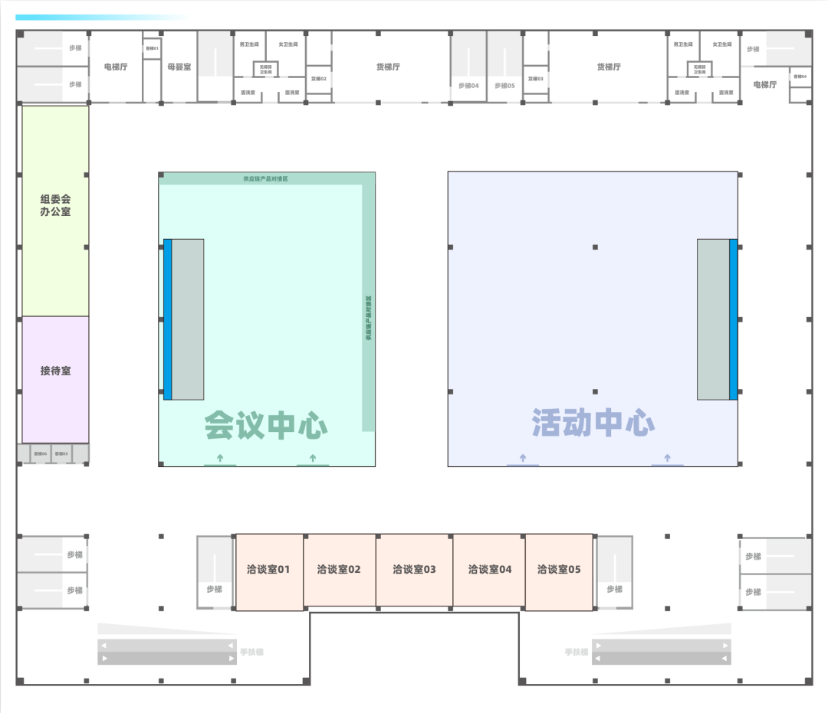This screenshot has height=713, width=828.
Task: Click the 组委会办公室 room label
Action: coord(55,205)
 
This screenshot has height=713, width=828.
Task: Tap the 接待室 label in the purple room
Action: coord(55,371)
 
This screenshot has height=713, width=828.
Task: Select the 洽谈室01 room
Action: coord(268,569)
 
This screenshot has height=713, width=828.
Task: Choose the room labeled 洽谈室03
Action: coord(414,569)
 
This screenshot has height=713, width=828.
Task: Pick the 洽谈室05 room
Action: coord(559,569)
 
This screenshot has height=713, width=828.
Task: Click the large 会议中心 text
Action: coord(266,426)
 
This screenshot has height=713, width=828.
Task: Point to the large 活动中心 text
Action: coord(593,423)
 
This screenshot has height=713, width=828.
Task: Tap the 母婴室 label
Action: coord(179,67)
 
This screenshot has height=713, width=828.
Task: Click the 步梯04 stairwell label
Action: coord(468,86)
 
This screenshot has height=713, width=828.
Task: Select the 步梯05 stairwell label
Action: coord(504,86)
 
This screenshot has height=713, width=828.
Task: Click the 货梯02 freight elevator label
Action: coord(319,79)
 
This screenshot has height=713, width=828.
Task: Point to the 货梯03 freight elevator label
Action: coord(535,79)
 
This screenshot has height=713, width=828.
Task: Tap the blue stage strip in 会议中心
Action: coord(167,319)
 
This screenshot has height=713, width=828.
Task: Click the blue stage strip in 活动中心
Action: coord(733,319)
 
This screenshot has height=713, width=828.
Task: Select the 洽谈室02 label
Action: coord(339,569)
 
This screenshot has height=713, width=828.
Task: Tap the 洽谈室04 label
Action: coord(490,569)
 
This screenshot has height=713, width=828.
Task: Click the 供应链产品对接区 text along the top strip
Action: coord(265,179)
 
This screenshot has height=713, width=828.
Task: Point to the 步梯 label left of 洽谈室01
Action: coord(214,589)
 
